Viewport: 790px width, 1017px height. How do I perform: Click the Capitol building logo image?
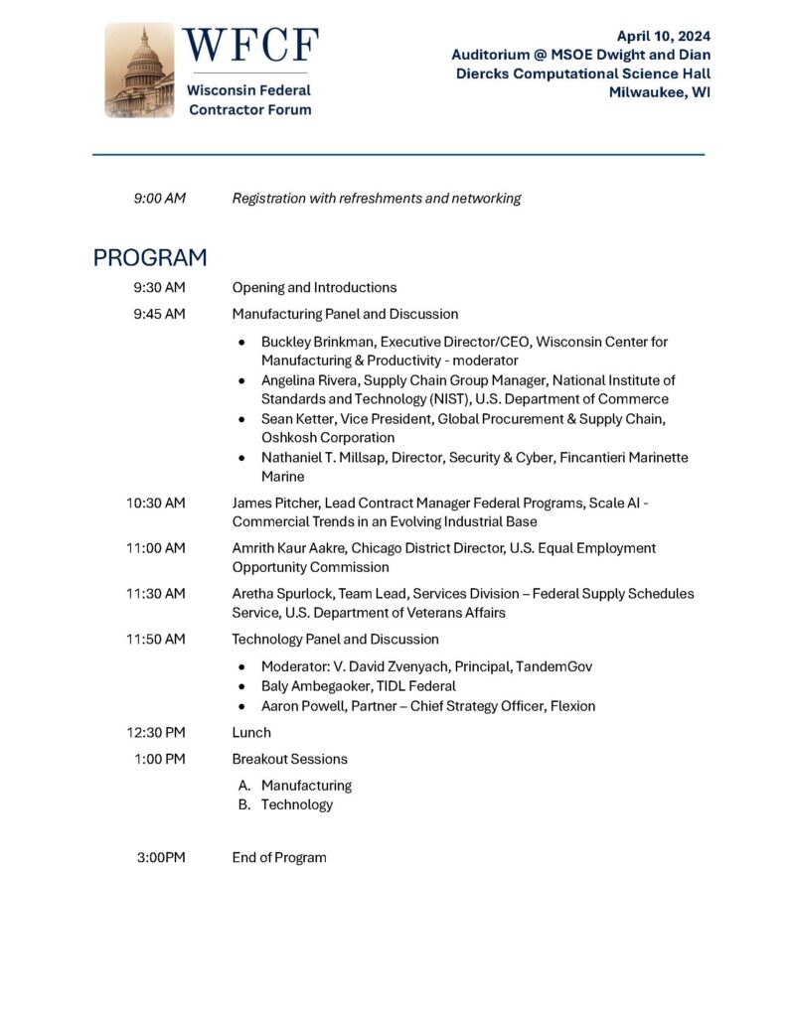point(140,71)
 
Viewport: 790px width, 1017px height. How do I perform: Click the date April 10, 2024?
point(664,36)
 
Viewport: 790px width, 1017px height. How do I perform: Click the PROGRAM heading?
point(150,258)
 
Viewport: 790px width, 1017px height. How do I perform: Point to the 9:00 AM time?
point(160,199)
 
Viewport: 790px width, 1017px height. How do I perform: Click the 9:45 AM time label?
point(160,314)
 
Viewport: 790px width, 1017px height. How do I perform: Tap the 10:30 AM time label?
point(156,504)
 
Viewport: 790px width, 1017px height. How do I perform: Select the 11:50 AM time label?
point(156,640)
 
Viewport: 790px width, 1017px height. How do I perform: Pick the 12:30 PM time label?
point(156,733)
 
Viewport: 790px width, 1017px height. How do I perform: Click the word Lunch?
point(251,733)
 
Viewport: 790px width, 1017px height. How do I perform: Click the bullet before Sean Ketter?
point(242,419)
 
